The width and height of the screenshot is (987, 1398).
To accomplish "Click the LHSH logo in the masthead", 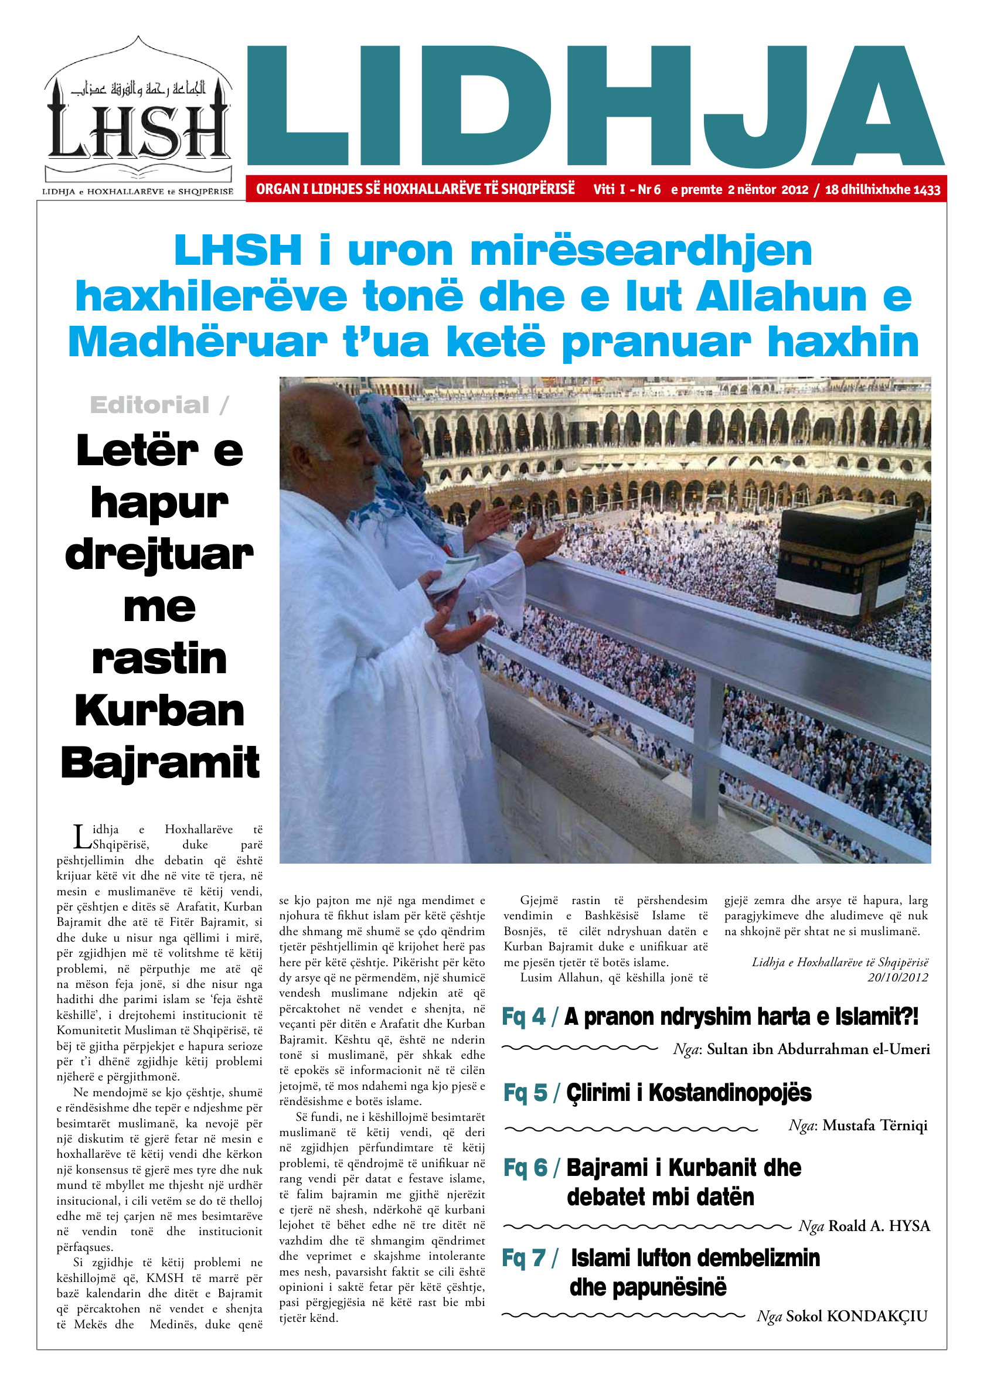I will pyautogui.click(x=139, y=115).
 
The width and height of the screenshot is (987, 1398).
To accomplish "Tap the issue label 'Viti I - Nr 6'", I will pyautogui.click(x=627, y=189).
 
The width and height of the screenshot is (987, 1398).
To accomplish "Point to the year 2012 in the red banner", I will pyautogui.click(x=795, y=189).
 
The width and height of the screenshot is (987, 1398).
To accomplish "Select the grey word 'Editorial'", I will pyautogui.click(x=150, y=405).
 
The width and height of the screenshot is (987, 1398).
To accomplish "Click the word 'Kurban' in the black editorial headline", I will pyautogui.click(x=159, y=711).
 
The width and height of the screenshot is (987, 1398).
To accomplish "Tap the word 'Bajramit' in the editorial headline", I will pyautogui.click(x=159, y=762).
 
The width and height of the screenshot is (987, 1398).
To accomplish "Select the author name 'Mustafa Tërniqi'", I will pyautogui.click(x=875, y=1125).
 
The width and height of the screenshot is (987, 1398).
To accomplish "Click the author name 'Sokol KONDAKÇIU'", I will pyautogui.click(x=857, y=1317).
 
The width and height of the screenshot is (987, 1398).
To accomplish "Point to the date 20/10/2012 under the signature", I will pyautogui.click(x=897, y=978).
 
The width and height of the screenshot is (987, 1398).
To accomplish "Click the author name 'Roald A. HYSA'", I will pyautogui.click(x=879, y=1226).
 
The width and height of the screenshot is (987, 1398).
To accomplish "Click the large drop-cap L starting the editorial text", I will pyautogui.click(x=81, y=837).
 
